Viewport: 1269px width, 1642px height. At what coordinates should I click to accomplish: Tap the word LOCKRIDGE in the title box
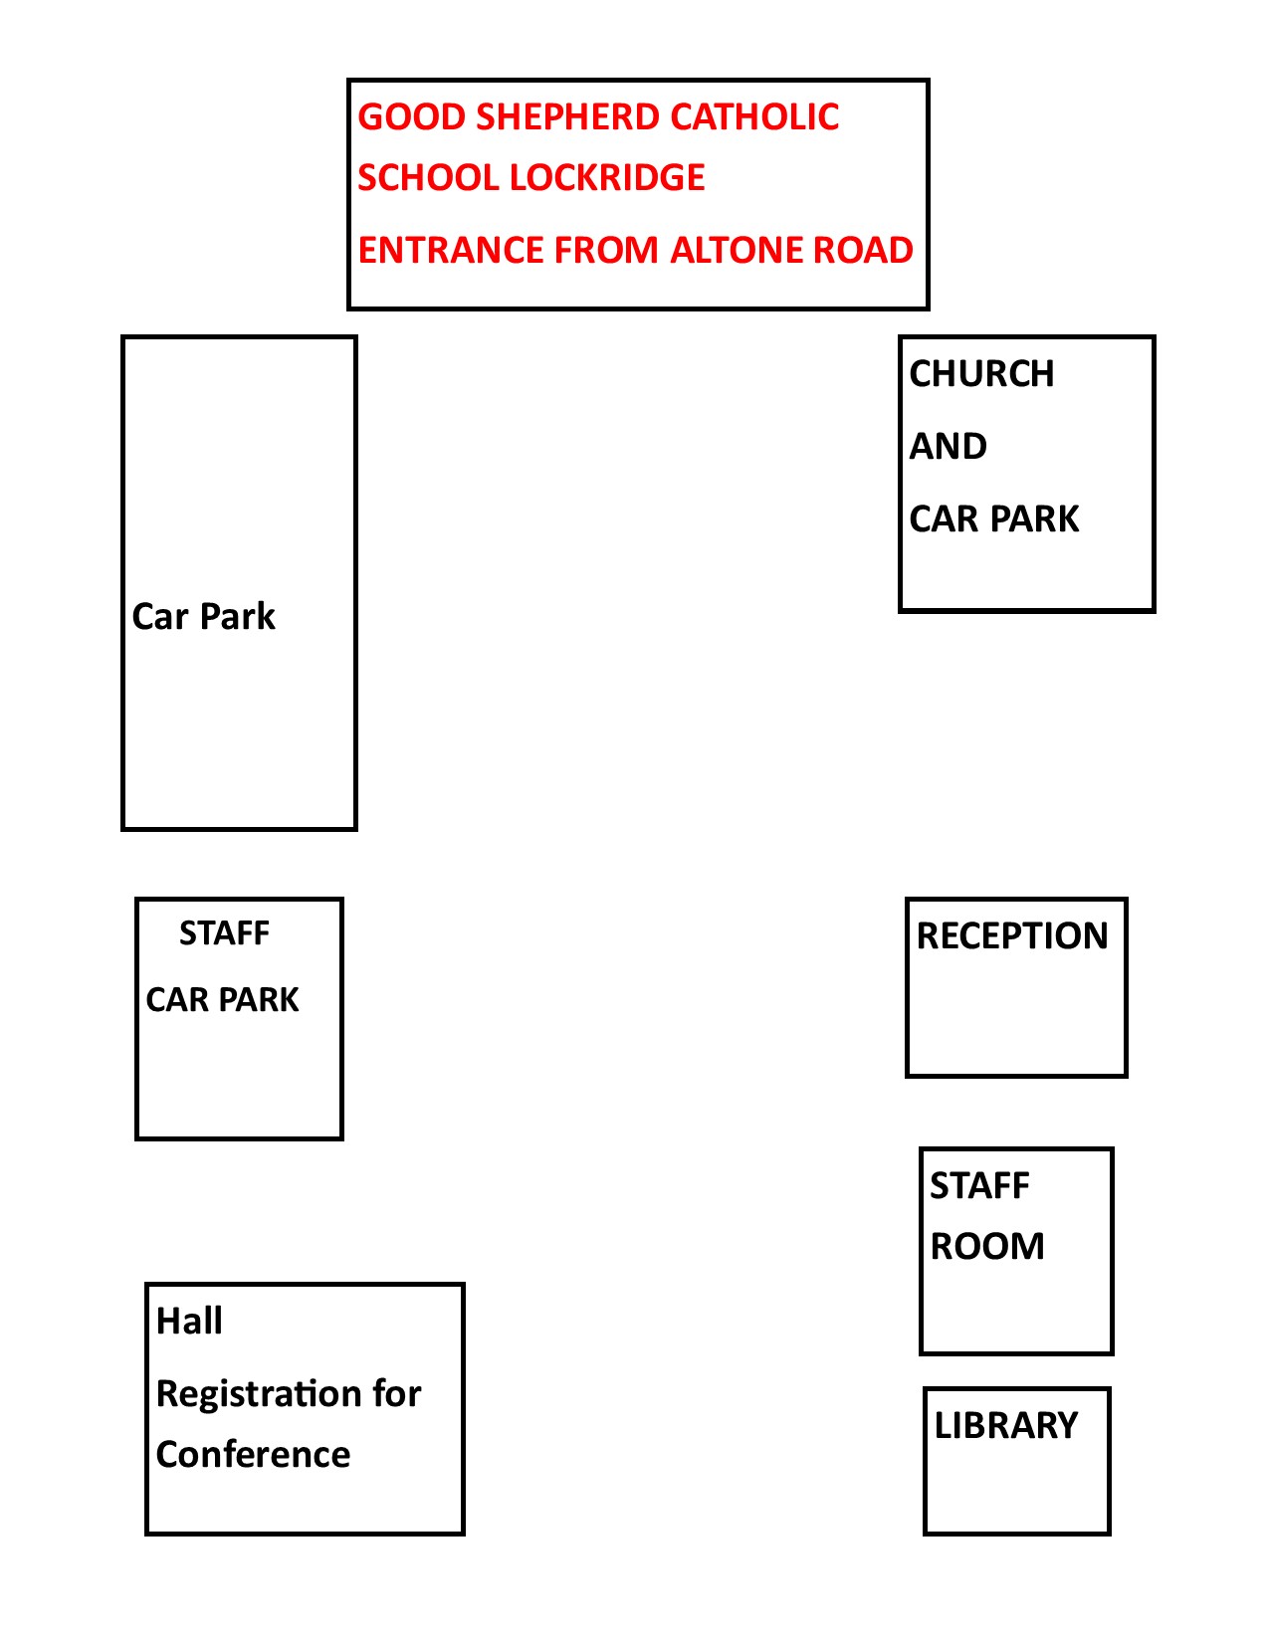607,177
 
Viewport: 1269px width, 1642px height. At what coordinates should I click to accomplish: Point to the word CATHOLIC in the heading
754,117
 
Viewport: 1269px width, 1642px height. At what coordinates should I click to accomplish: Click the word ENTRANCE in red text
451,250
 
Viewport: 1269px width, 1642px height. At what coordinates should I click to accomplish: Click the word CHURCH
981,373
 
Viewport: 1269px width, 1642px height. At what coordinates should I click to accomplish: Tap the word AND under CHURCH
948,446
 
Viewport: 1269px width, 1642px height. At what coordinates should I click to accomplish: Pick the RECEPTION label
1012,935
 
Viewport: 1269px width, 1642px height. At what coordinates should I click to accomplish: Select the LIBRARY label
1006,1425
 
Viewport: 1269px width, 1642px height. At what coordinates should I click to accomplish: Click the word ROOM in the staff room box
987,1245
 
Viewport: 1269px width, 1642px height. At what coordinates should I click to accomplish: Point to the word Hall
189,1321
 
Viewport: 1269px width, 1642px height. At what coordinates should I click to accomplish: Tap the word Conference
253,1454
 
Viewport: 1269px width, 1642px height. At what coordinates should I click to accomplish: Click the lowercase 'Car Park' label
203,616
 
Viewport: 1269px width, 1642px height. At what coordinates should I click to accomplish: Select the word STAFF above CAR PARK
224,933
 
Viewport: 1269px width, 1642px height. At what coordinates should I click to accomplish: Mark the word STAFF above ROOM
979,1185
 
